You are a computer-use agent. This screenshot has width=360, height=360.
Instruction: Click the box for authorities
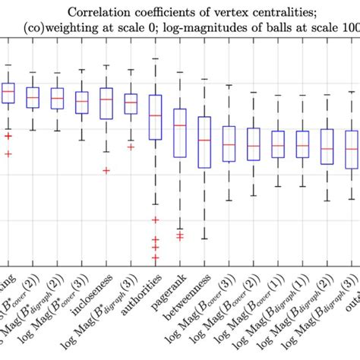(155, 117)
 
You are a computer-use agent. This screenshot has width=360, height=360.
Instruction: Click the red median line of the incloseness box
(106, 99)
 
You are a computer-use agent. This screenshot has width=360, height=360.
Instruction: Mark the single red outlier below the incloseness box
(106, 170)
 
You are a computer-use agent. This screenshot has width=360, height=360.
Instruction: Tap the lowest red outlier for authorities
(155, 257)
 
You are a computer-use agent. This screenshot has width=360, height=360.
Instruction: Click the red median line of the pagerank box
(179, 125)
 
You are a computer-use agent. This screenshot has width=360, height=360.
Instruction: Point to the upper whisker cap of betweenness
(204, 79)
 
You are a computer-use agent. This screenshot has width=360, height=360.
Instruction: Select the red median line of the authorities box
(155, 115)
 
